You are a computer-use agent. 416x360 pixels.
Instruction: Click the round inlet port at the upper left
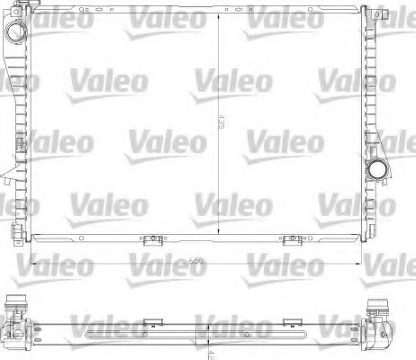click(14, 32)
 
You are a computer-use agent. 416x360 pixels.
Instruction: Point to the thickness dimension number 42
click(209, 349)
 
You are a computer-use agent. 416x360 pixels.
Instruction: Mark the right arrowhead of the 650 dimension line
click(361, 261)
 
